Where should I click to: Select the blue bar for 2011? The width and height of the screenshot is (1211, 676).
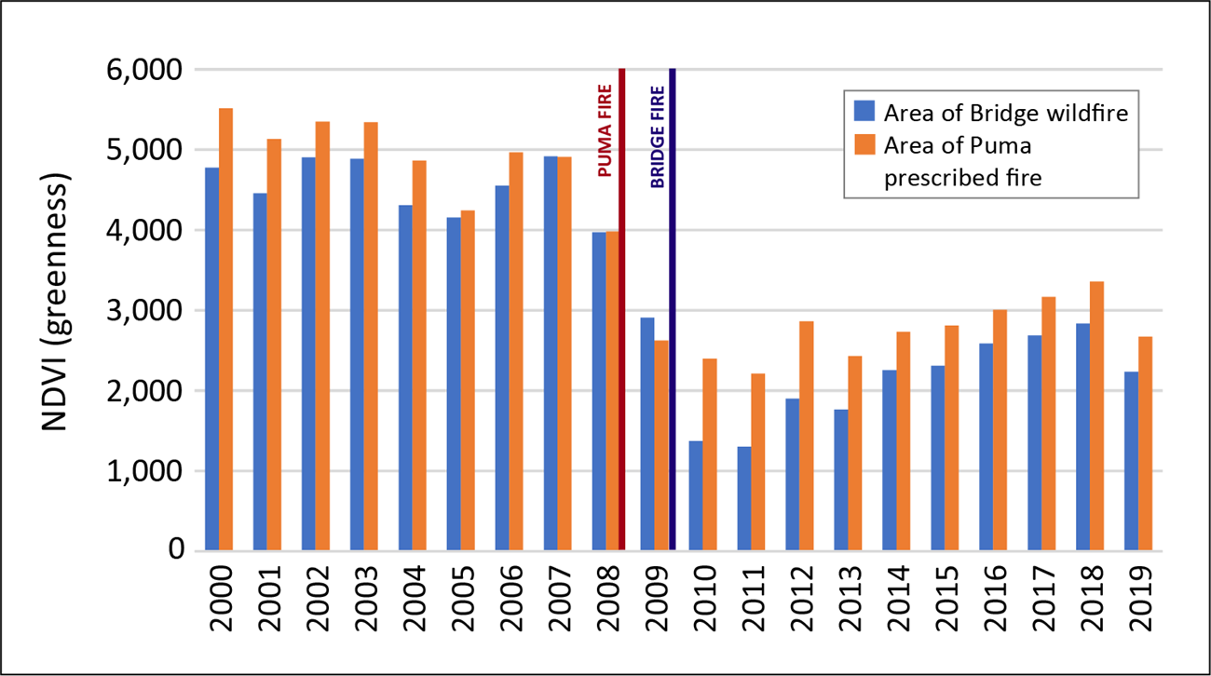click(744, 499)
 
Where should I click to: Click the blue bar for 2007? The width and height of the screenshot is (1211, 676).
click(551, 354)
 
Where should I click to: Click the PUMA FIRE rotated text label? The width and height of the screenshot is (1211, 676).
click(603, 131)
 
